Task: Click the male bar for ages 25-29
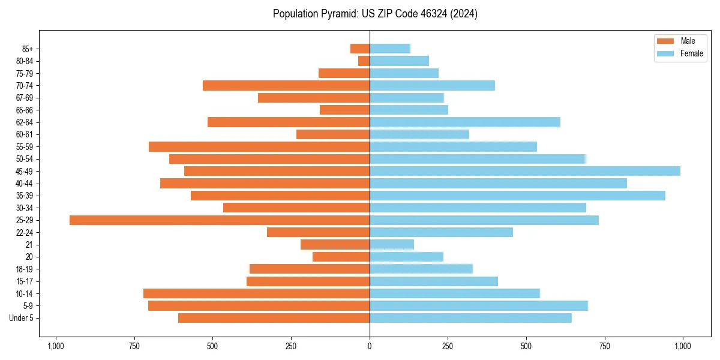(220, 220)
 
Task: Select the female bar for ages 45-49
(525, 171)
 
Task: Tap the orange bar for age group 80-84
(364, 61)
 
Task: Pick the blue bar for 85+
(390, 49)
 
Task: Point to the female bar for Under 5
(470, 318)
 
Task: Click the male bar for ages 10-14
(256, 293)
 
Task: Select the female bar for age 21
(392, 245)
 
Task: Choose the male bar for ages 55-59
(259, 146)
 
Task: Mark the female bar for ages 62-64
(465, 122)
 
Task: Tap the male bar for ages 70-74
(286, 85)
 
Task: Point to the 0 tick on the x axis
(370, 346)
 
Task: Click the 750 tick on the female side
(605, 346)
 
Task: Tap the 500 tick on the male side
(212, 346)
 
